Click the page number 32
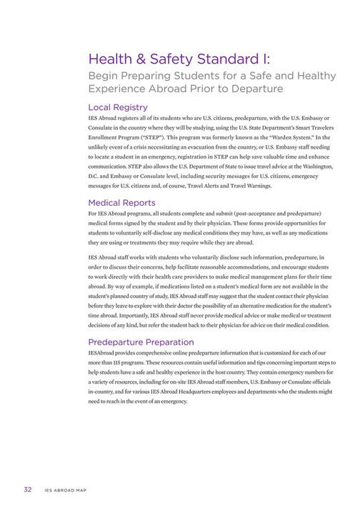[26, 490]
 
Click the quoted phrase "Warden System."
[294, 134]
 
